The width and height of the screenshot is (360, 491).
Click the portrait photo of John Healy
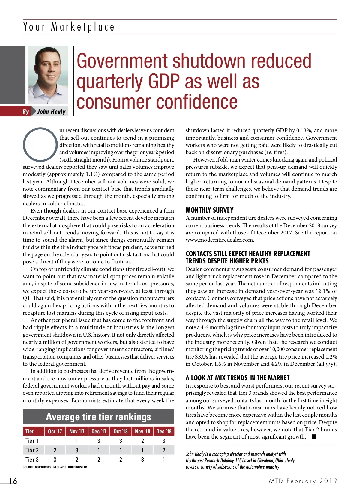(48, 75)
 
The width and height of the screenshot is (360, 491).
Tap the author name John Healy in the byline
(51, 112)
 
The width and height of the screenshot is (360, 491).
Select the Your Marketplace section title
(69, 27)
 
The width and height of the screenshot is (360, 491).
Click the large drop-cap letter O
(40, 145)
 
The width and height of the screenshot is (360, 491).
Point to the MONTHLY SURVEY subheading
(209, 210)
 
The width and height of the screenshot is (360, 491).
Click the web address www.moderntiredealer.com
(220, 240)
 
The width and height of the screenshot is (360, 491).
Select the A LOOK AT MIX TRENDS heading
(238, 378)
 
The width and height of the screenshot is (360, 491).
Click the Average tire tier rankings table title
(98, 417)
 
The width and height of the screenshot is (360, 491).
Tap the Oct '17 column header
(55, 431)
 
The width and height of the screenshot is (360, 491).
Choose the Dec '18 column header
(164, 431)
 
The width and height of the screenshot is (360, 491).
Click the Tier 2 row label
(32, 450)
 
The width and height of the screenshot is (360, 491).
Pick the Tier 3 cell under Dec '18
(164, 460)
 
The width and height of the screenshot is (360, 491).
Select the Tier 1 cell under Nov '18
(142, 441)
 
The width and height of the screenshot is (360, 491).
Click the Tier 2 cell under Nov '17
(77, 450)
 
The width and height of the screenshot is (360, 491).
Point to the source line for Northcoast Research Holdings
(55, 467)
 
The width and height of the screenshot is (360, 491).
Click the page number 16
(13, 481)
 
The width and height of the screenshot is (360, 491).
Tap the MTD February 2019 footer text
(303, 481)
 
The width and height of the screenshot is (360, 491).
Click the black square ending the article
(314, 436)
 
